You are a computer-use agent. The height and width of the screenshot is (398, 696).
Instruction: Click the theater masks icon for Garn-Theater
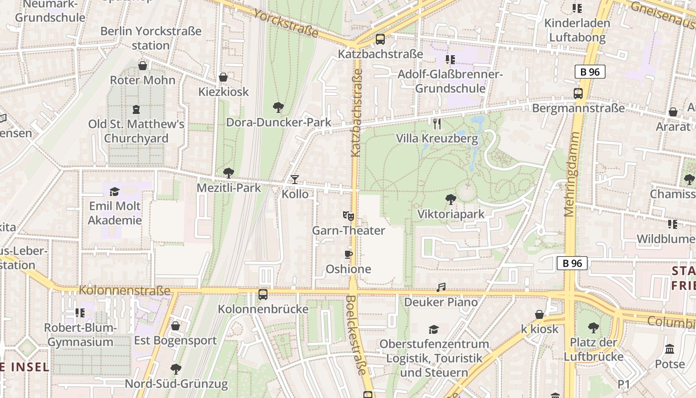click(348, 216)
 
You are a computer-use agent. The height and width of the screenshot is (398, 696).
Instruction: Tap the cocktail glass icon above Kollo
click(295, 179)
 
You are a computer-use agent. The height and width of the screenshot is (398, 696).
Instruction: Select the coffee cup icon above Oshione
click(348, 254)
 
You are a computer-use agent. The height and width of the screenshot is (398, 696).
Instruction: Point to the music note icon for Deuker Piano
click(441, 287)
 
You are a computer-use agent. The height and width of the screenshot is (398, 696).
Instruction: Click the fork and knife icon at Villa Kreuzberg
click(437, 124)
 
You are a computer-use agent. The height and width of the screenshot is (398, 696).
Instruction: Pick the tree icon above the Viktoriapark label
click(450, 199)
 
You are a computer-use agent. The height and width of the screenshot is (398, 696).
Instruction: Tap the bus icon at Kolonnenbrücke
click(263, 295)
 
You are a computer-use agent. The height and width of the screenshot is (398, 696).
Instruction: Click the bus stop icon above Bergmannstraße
click(578, 94)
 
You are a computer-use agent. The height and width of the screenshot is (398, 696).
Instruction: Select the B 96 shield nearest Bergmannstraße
click(590, 72)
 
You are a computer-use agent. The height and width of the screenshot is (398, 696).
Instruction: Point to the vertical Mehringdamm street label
click(570, 174)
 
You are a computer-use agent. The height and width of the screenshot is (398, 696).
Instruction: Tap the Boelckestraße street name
click(356, 335)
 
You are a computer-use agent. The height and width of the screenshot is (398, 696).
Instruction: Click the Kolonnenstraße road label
click(124, 290)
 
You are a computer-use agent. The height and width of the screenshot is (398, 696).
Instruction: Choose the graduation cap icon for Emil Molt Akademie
click(115, 192)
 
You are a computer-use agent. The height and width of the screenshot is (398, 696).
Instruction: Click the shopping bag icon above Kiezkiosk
click(223, 77)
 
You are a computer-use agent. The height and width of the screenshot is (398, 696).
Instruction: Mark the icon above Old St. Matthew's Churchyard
click(136, 109)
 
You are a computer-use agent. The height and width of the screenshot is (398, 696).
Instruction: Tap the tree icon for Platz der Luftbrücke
click(593, 328)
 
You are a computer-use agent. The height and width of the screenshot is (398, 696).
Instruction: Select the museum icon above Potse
click(670, 349)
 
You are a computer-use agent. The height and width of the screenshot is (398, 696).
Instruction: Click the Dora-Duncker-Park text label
click(278, 122)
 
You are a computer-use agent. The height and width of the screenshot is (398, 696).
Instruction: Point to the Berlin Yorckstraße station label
click(151, 38)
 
